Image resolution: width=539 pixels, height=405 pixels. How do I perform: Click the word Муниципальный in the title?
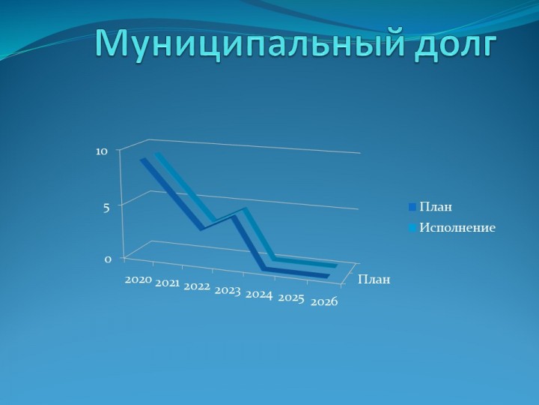point(249,44)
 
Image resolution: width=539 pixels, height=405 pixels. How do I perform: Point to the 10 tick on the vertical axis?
point(102,151)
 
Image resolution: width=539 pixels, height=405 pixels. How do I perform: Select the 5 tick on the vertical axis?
point(106,208)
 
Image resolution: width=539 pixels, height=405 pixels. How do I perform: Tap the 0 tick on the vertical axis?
point(108,259)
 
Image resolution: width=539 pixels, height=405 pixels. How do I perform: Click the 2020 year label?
point(138,279)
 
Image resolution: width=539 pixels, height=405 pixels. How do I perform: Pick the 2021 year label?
point(168,283)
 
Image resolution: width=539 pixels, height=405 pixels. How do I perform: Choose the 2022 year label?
point(197,286)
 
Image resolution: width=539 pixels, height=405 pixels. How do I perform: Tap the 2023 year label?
point(228,291)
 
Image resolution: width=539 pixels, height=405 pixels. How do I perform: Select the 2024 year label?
point(259,295)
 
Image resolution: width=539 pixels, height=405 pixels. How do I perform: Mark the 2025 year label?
point(291,298)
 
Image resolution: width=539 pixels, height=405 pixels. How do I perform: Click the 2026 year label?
point(324,302)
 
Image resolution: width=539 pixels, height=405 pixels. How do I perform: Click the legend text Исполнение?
point(457,228)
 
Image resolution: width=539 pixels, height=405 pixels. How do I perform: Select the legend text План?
point(436,207)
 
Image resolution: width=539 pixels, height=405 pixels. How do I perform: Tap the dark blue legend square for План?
point(412,207)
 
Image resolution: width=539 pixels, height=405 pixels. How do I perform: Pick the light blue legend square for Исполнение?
point(412,228)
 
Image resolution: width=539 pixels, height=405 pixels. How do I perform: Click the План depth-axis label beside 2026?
point(374,279)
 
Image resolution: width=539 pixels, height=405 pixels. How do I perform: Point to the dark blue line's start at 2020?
point(143,160)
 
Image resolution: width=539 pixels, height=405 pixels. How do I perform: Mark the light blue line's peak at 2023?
point(245,208)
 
